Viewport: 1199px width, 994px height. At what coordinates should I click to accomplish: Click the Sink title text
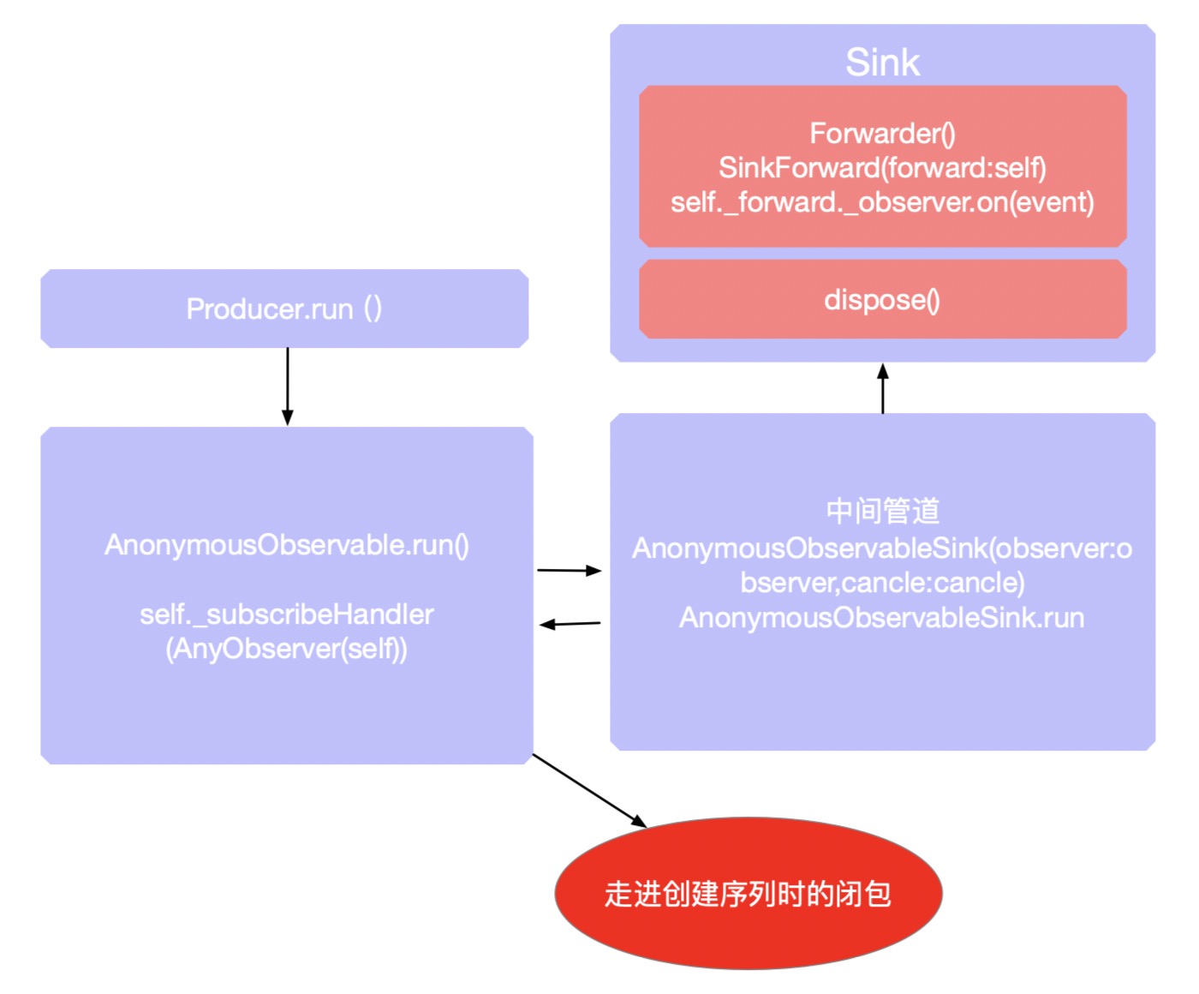click(882, 63)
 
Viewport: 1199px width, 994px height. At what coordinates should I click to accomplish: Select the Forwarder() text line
click(882, 134)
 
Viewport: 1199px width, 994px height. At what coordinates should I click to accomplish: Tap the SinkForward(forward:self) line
click(882, 168)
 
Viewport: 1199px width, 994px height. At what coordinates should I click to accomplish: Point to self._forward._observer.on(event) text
click(882, 203)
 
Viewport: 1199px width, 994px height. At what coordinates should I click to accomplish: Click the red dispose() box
click(882, 300)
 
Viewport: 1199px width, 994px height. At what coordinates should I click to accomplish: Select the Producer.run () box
click(284, 308)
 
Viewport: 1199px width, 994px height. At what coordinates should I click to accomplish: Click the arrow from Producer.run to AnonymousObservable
click(288, 386)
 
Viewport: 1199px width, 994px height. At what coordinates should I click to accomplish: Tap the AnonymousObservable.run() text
click(287, 545)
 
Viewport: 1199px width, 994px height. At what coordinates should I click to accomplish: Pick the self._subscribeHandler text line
click(287, 614)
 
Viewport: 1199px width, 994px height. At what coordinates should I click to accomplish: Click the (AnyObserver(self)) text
click(287, 649)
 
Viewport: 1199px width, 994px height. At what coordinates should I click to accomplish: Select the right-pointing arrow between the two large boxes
click(570, 570)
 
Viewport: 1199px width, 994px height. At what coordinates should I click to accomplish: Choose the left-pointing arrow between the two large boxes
click(570, 624)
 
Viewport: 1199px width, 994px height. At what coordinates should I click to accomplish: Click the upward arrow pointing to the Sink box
click(883, 388)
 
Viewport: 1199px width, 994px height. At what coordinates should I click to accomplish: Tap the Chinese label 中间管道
click(882, 512)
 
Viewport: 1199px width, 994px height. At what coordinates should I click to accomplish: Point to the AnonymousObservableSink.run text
click(882, 618)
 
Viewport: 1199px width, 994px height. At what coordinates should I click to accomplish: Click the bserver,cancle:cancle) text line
click(882, 583)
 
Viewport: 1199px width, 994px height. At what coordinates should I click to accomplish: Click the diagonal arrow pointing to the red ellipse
click(589, 791)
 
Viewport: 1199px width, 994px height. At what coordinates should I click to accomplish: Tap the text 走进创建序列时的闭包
click(749, 894)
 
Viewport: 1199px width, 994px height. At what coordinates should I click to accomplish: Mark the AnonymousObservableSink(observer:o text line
click(882, 548)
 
